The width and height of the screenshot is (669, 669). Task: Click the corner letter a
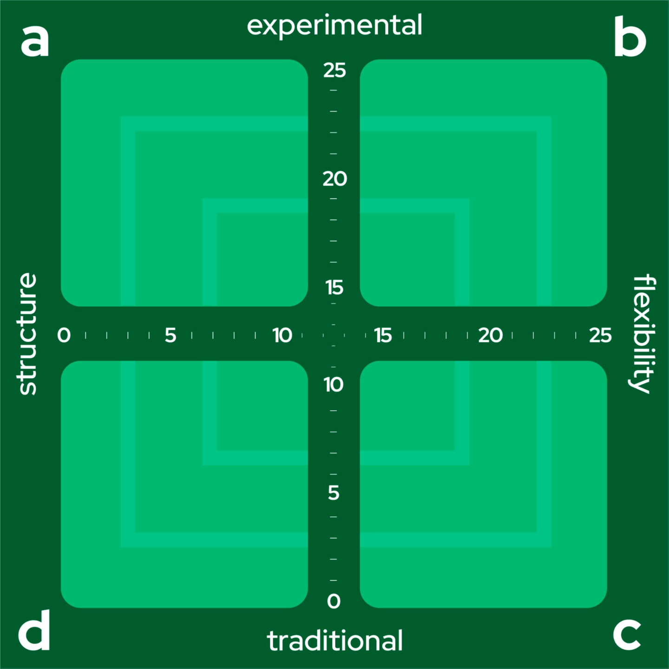point(35,41)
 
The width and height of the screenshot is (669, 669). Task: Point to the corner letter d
point(34,631)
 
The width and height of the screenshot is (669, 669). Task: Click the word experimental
point(334,26)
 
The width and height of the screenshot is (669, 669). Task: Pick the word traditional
point(334,641)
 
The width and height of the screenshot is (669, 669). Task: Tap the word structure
point(27,334)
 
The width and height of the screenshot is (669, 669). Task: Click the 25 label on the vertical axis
point(334,71)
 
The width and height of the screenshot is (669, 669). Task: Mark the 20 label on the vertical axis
point(334,179)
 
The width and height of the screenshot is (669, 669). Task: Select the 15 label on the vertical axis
point(334,288)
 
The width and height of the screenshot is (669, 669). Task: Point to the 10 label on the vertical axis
point(334,385)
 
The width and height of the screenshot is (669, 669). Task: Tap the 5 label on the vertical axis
point(334,493)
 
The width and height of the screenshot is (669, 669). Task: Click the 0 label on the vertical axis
point(334,602)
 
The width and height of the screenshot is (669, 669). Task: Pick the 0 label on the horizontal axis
point(64,335)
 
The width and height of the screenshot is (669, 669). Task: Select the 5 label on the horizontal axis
point(171,335)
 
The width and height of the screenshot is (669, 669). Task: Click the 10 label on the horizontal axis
point(282,335)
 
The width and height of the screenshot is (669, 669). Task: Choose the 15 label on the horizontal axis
point(383,335)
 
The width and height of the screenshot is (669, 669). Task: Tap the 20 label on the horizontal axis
point(490,335)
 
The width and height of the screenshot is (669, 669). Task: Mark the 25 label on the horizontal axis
point(600,335)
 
